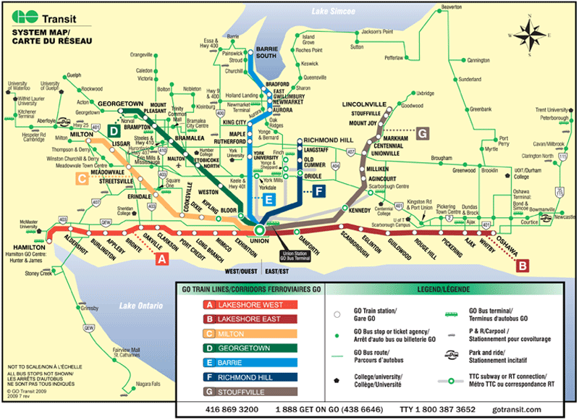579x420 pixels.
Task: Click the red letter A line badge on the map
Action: pos(162,257)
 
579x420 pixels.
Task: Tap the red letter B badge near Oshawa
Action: pos(521,266)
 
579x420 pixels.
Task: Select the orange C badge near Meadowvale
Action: pos(83,178)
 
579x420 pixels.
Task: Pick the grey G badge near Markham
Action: pos(423,133)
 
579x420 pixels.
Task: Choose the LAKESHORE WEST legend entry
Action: pos(249,305)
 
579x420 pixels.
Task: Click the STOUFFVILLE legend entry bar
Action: pos(249,392)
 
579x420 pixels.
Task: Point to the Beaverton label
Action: pos(450,7)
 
